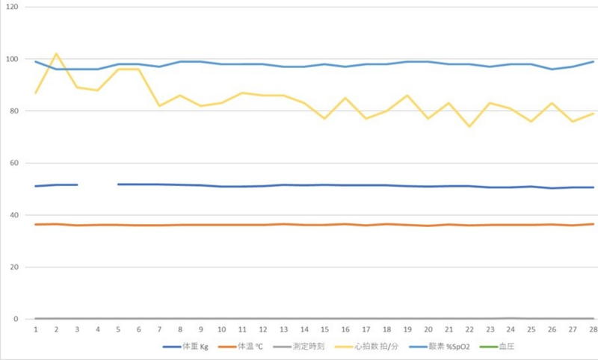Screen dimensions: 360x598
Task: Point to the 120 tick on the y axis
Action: pyautogui.click(x=13, y=7)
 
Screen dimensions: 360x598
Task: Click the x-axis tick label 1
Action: pyautogui.click(x=35, y=329)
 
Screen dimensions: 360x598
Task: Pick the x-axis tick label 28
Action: pyautogui.click(x=593, y=329)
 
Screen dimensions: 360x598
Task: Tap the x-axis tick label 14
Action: pyautogui.click(x=303, y=329)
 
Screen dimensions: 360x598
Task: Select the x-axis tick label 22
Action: pyautogui.click(x=469, y=329)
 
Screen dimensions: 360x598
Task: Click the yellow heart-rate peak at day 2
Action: pyautogui.click(x=56, y=54)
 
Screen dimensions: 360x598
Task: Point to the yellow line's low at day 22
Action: pyautogui.click(x=469, y=126)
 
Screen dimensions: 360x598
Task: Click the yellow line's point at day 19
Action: pyautogui.click(x=407, y=96)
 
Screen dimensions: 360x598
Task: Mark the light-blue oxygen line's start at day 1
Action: pyautogui.click(x=35, y=61)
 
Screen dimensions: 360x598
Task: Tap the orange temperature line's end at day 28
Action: pyautogui.click(x=593, y=224)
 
